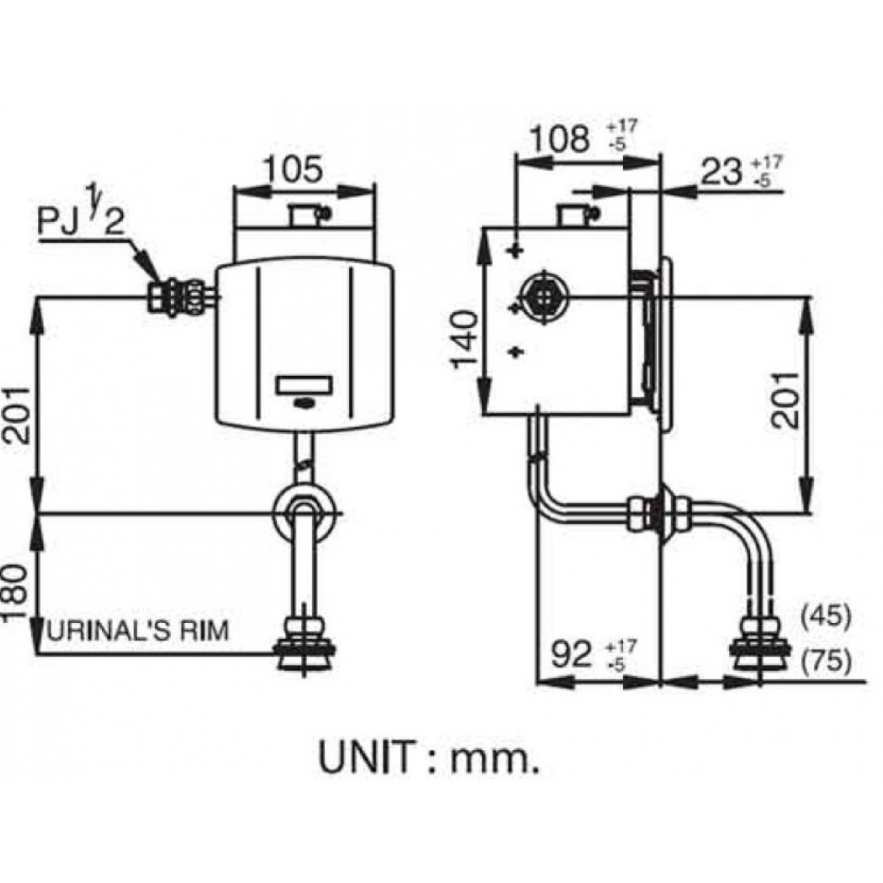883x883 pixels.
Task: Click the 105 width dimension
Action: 292,170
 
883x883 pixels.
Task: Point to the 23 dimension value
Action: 722,171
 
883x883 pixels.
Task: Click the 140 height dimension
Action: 467,339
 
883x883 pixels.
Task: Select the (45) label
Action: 825,616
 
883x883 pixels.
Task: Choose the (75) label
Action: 825,663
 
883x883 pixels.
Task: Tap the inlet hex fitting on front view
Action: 182,296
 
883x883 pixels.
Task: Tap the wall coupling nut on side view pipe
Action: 660,513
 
